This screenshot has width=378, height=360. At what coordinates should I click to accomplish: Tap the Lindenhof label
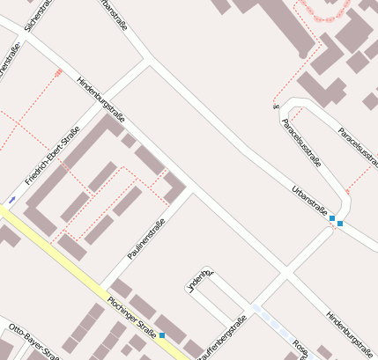[198, 279]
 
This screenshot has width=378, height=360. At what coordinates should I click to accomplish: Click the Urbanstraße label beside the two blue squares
[309, 202]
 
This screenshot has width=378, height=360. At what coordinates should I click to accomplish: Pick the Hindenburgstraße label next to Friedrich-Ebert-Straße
[102, 99]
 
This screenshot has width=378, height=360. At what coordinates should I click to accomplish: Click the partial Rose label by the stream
[299, 347]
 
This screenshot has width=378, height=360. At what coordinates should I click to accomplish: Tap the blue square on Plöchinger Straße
[162, 334]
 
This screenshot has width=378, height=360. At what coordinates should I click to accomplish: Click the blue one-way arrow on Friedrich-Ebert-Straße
[12, 200]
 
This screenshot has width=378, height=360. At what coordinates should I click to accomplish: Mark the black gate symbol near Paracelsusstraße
[275, 107]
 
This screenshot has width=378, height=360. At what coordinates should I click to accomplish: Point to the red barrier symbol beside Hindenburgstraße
[59, 73]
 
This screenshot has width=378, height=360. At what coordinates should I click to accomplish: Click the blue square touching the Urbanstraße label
[332, 217]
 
